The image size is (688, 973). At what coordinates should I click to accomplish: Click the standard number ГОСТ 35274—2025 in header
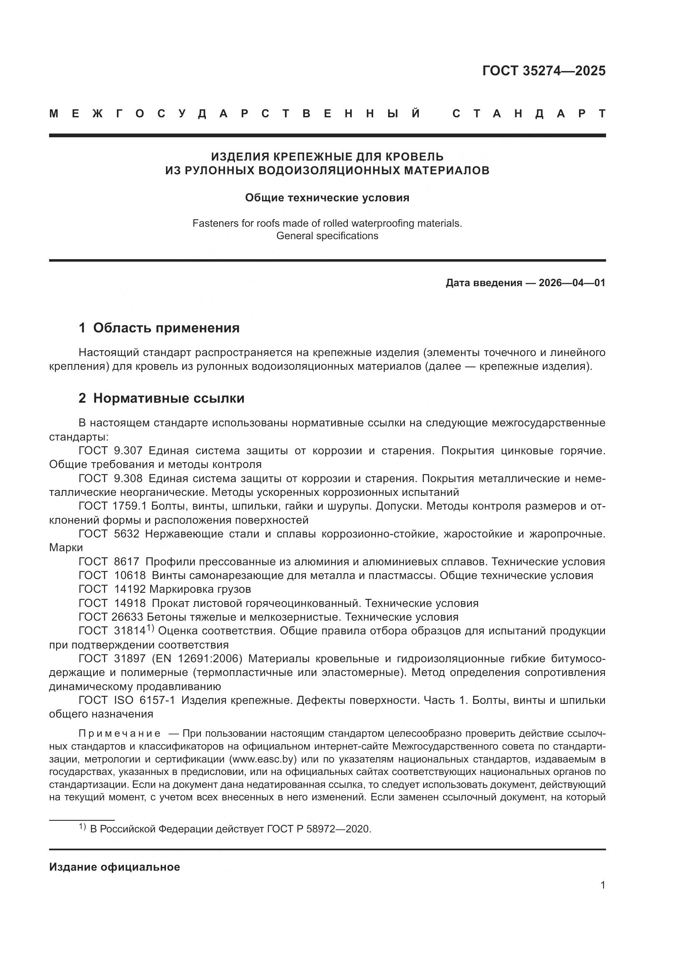click(544, 71)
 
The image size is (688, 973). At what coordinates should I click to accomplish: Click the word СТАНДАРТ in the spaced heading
click(529, 114)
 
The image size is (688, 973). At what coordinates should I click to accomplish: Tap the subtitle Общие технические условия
click(327, 198)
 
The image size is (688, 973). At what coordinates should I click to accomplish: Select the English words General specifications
click(327, 235)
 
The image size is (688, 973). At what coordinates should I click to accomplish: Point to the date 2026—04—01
click(572, 282)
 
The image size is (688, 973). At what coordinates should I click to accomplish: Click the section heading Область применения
click(166, 327)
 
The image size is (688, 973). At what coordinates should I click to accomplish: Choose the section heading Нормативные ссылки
click(168, 398)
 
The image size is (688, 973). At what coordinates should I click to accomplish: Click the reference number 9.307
click(128, 451)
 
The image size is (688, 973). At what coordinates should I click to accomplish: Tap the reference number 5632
click(127, 534)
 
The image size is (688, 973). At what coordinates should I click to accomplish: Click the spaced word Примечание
click(120, 733)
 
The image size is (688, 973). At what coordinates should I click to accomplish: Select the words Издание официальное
click(114, 867)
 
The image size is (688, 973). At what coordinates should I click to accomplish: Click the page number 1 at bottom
click(602, 885)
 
